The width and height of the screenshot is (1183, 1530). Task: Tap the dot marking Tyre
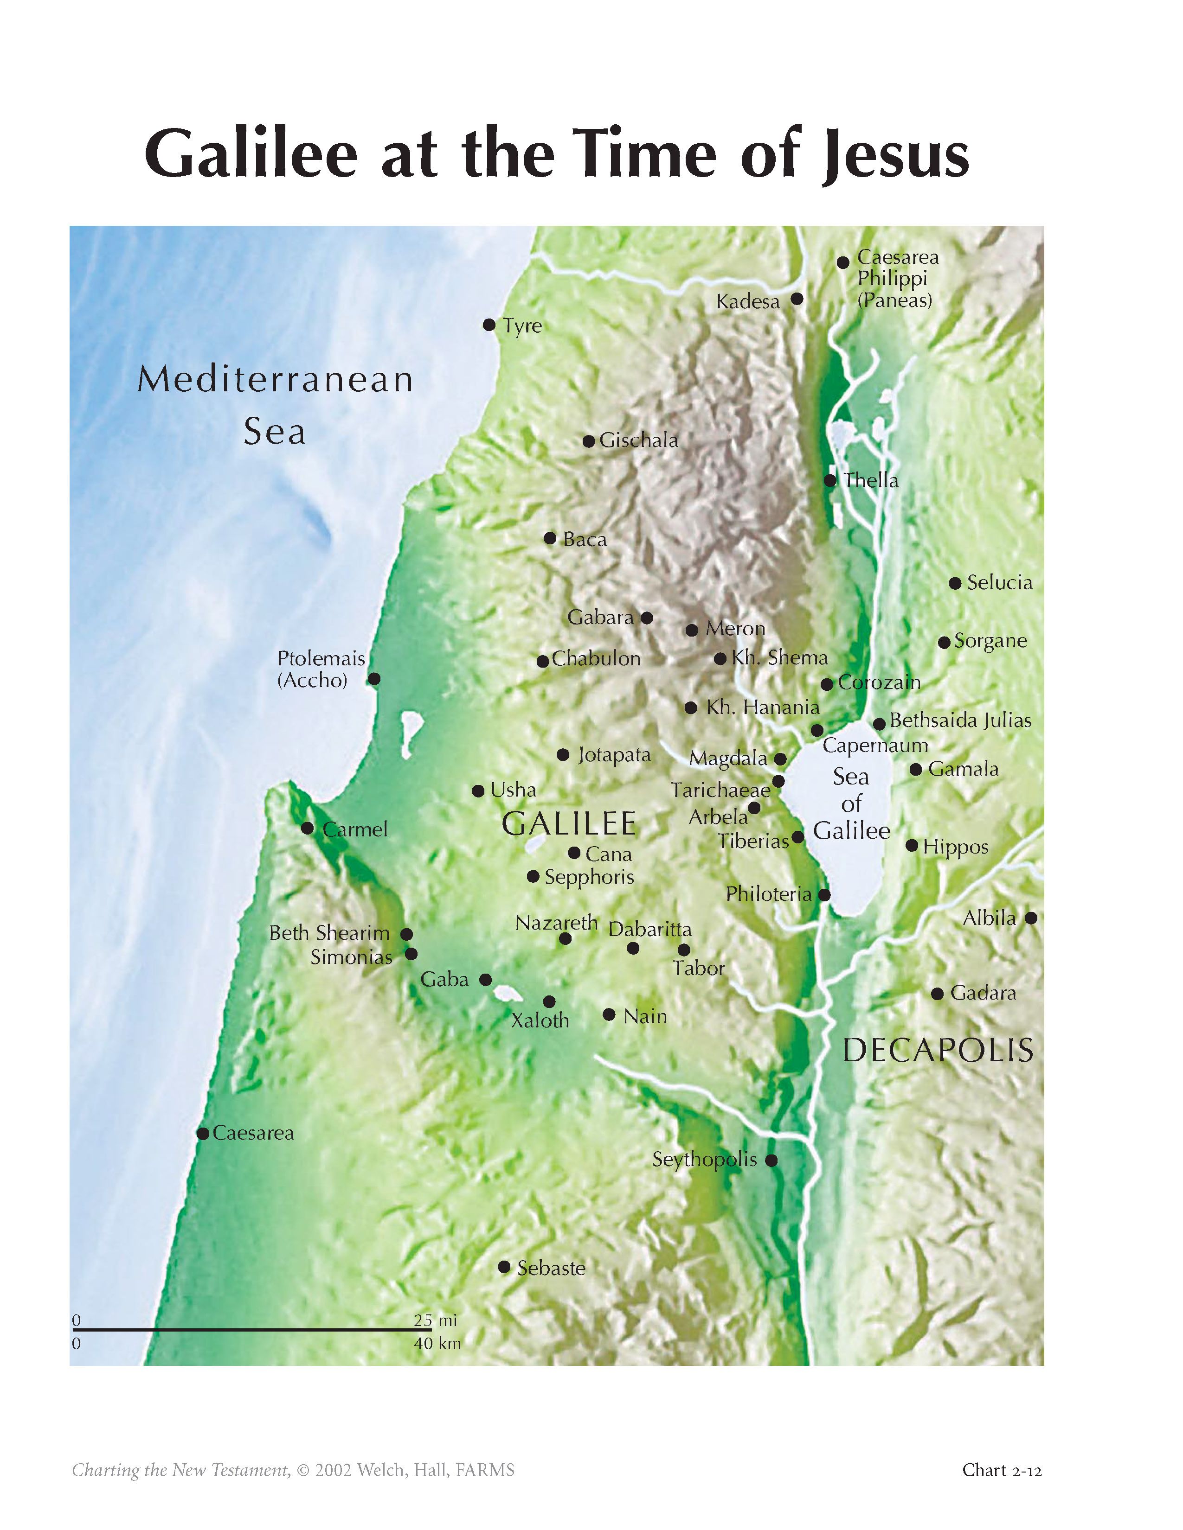489,325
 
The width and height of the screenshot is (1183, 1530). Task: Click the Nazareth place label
556,923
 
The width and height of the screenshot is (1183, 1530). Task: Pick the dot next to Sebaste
504,1267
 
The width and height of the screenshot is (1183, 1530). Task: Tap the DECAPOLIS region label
938,1051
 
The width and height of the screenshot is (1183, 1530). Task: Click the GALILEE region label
569,824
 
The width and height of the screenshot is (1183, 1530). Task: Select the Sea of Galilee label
851,803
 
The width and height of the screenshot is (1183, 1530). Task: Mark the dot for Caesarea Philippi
843,263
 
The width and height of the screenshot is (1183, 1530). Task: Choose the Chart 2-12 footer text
1002,1450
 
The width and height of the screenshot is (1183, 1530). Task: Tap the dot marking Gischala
589,441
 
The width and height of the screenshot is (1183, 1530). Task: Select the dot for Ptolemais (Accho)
374,679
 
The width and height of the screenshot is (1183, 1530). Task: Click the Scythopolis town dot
771,1160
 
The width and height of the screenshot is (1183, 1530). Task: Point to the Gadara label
983,993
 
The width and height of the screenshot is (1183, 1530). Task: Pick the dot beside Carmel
307,828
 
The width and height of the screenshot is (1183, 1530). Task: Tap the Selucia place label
999,582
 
